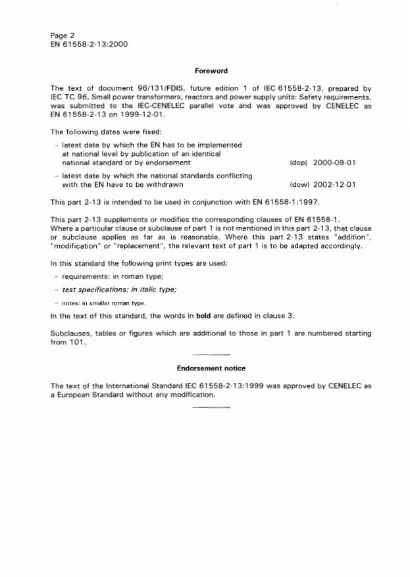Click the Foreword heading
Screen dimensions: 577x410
coord(211,70)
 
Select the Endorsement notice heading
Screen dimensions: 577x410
coord(211,368)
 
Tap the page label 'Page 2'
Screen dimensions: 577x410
coord(64,35)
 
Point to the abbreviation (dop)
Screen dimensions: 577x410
coord(299,162)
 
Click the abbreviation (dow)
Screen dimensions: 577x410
coord(299,185)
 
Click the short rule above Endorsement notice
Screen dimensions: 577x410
coord(211,355)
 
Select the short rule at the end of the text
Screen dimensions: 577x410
coord(211,407)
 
